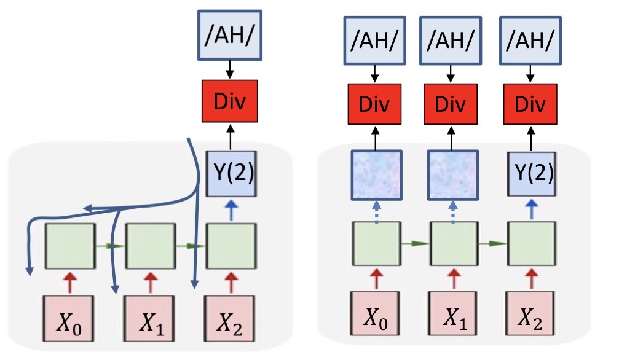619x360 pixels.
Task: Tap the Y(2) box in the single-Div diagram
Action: (230, 176)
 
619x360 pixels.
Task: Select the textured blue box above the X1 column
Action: (453, 174)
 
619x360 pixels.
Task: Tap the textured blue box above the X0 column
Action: (376, 174)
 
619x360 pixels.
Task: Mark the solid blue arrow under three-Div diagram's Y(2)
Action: (530, 209)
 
